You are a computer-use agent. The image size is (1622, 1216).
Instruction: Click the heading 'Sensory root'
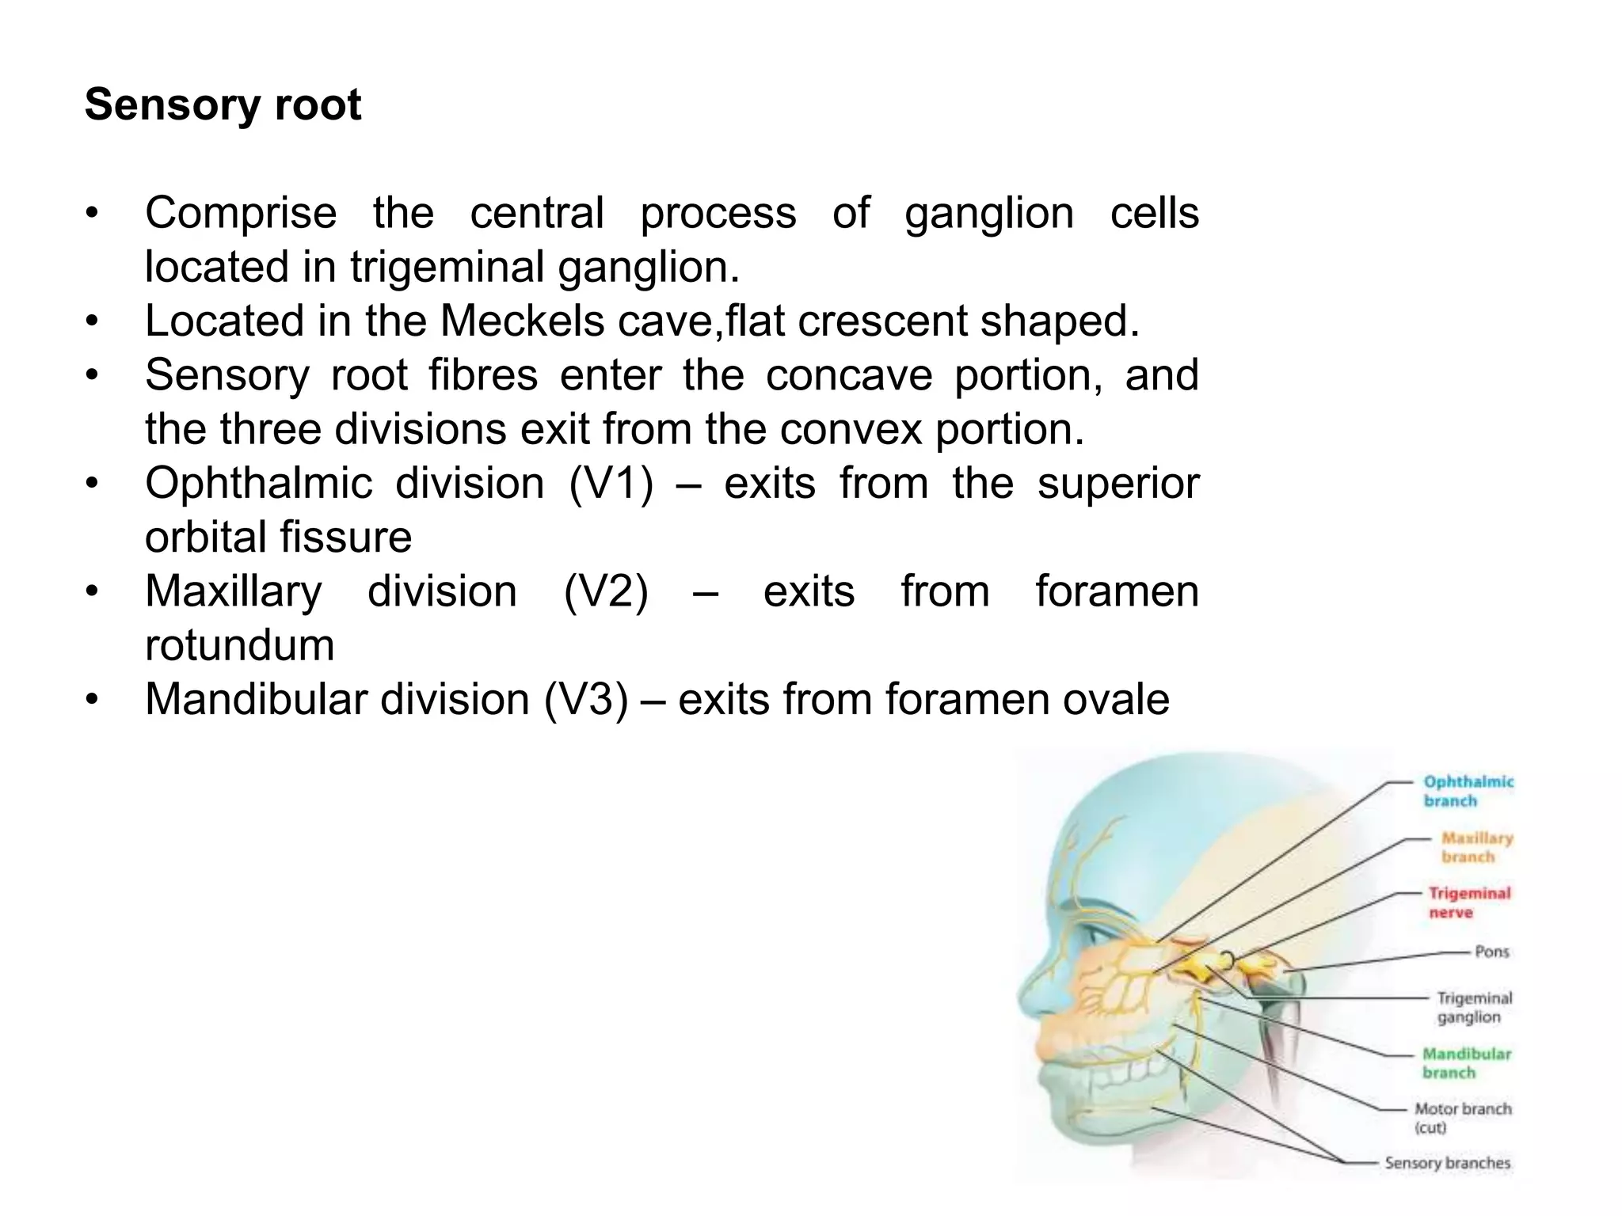click(x=223, y=105)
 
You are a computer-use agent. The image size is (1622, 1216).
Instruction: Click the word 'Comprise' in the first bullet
click(x=241, y=214)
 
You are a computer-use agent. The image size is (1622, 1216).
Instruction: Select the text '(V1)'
click(x=611, y=484)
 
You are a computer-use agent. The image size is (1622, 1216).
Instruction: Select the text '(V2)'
click(x=606, y=592)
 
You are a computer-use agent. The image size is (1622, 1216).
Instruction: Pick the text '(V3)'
click(x=586, y=700)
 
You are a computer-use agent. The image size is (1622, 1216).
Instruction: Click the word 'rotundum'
click(x=239, y=646)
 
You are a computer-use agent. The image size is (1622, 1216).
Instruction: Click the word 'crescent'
click(x=882, y=321)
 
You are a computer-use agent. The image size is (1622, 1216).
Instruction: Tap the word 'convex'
click(x=852, y=430)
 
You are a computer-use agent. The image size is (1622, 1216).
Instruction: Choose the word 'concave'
click(x=849, y=375)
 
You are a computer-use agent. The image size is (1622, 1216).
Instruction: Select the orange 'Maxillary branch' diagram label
click(x=1476, y=848)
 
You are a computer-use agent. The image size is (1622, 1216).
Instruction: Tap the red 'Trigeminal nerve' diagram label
click(x=1469, y=903)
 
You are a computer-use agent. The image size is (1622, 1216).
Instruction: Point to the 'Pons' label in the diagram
click(x=1492, y=952)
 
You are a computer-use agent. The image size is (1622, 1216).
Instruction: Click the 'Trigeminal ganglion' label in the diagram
click(x=1474, y=1008)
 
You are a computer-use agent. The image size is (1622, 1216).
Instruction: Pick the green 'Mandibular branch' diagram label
click(x=1466, y=1063)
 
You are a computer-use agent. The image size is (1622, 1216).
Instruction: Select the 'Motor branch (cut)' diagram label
click(x=1462, y=1118)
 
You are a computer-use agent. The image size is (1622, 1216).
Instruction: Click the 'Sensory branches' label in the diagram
click(x=1447, y=1163)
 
